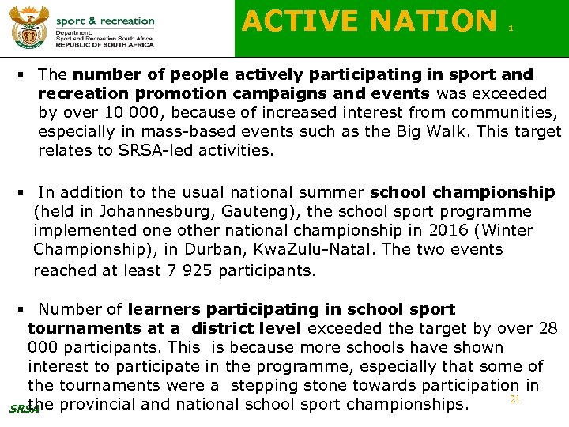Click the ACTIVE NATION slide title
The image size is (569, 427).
[x=369, y=21]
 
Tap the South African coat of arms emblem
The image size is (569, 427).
[x=27, y=29]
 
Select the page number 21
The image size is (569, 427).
[x=514, y=400]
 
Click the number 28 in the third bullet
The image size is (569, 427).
[x=546, y=328]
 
